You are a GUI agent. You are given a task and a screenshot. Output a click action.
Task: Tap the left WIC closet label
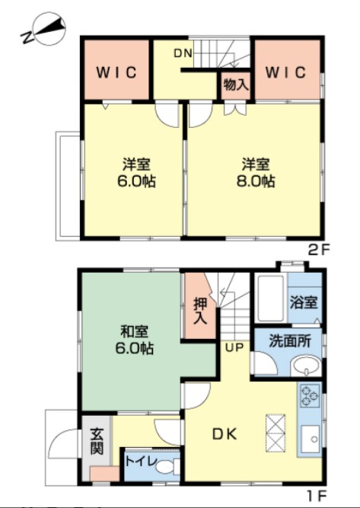point(116,73)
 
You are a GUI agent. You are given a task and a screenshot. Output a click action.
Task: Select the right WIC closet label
point(286,72)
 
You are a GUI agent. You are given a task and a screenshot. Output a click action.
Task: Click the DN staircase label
point(183,53)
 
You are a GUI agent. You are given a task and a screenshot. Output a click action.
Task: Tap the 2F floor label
point(317,249)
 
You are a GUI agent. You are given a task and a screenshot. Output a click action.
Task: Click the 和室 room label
point(134,332)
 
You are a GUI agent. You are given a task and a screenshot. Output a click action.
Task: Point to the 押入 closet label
point(199,311)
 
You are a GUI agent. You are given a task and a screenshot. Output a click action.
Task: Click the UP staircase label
point(233,347)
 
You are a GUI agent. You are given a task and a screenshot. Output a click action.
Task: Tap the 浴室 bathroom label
point(305,302)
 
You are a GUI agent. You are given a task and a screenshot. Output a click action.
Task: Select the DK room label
point(225,435)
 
